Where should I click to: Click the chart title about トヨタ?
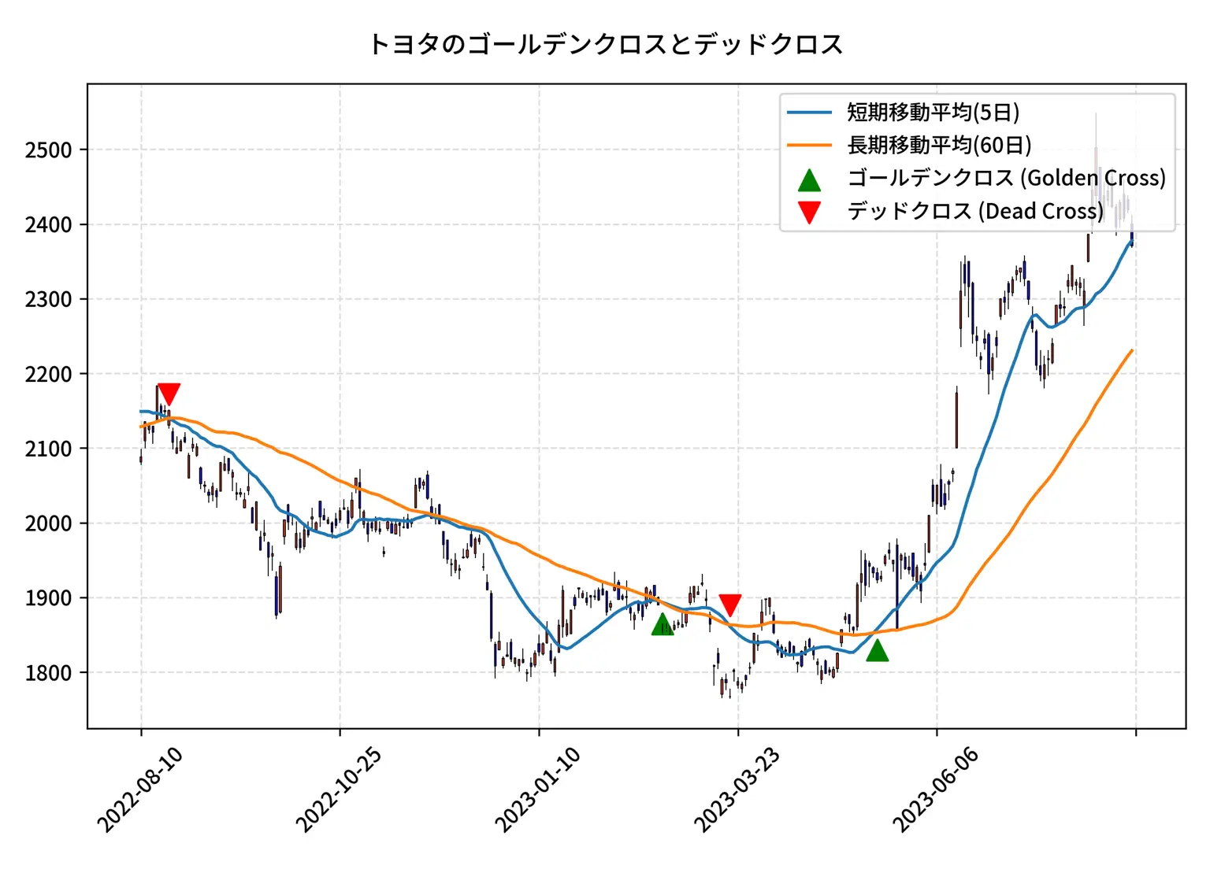[605, 44]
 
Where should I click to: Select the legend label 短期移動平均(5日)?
[933, 113]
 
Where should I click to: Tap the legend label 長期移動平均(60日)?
[939, 146]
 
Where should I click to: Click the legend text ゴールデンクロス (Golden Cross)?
[1006, 178]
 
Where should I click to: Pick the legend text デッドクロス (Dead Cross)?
[975, 211]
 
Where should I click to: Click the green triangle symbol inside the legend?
[809, 180]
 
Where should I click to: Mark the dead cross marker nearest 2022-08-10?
[169, 394]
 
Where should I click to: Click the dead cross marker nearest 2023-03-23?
[730, 605]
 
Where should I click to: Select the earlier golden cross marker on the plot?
[663, 625]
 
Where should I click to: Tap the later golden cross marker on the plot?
[877, 651]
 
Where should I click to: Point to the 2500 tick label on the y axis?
[48, 150]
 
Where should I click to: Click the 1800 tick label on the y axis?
[48, 673]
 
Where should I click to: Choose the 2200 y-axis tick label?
[48, 374]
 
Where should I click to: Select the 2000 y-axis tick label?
[48, 523]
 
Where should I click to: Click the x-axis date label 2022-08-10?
[140, 789]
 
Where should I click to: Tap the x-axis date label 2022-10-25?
[339, 789]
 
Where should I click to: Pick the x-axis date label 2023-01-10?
[538, 789]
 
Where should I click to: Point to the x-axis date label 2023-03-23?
[737, 789]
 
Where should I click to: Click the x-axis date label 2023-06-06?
[936, 789]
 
